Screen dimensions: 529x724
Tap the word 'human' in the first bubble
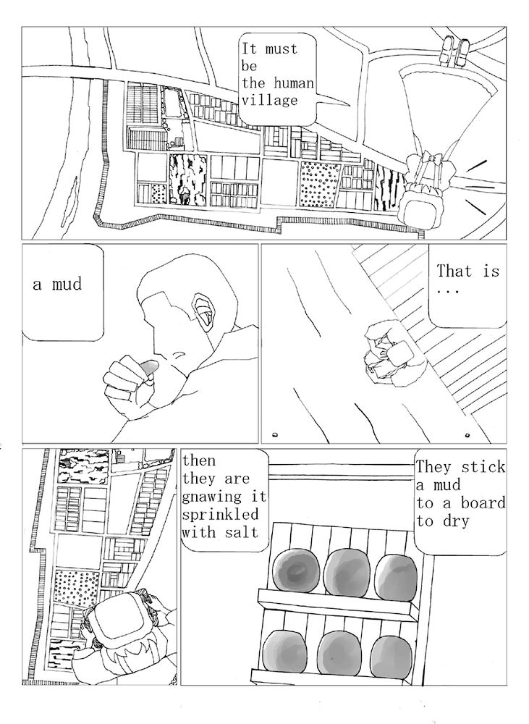[x=294, y=83]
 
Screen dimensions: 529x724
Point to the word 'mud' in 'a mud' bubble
[x=67, y=284]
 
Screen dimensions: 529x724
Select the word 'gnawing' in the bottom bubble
[x=211, y=497]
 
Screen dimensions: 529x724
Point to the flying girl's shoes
[x=454, y=51]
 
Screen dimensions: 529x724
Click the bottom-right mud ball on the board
[x=391, y=657]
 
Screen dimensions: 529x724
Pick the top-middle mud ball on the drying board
[x=347, y=573]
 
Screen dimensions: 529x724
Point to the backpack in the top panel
[x=421, y=205]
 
